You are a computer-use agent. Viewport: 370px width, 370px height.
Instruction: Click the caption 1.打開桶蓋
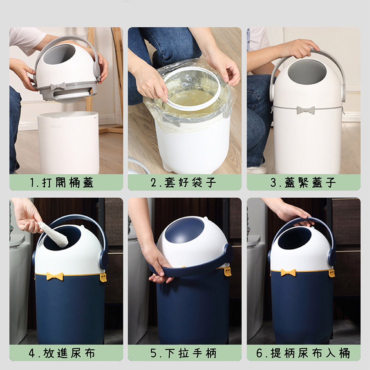coord(66,182)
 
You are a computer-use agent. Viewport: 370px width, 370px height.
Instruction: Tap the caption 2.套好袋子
coord(184,182)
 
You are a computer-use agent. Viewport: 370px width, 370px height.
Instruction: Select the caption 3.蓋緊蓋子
coord(303,182)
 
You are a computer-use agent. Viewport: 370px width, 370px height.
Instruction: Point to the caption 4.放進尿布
coord(66,353)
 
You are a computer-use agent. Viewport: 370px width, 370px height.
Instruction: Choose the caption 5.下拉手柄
coord(184,353)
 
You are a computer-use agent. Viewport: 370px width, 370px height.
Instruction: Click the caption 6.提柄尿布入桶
coord(303,353)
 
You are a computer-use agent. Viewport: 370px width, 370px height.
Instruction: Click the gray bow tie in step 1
coord(58,86)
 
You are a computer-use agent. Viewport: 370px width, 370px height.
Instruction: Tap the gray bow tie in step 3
coord(305,110)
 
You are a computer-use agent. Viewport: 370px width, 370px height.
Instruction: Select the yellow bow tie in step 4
coord(55,276)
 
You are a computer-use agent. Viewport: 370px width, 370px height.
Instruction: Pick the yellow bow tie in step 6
coord(288,273)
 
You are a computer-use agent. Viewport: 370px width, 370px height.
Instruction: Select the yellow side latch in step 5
coord(227,271)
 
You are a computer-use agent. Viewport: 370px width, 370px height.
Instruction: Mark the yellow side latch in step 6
coord(332,273)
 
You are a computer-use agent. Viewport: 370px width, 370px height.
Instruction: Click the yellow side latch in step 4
coord(103,277)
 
